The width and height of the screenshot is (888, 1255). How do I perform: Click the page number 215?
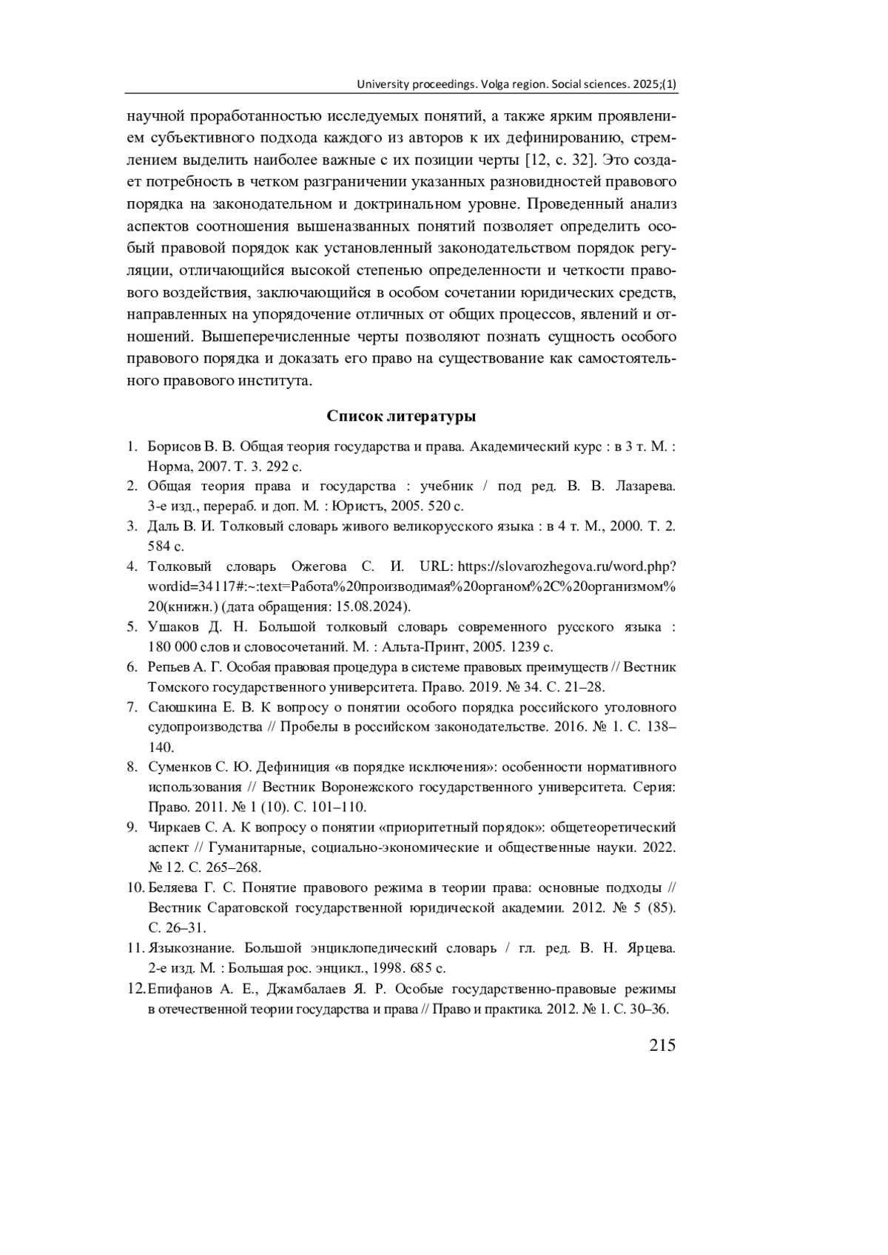point(662,1044)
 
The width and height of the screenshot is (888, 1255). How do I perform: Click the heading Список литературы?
point(401,416)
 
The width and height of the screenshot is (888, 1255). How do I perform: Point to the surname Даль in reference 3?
point(161,527)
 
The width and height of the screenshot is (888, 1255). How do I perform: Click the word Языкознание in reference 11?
point(191,947)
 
